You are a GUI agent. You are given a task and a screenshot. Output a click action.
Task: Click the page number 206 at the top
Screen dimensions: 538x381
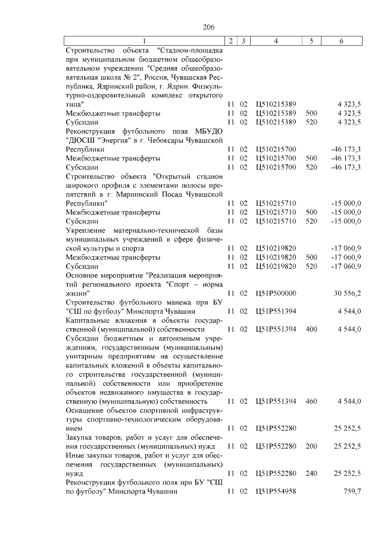208,27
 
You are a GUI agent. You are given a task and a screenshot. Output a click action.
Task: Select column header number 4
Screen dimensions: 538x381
276,41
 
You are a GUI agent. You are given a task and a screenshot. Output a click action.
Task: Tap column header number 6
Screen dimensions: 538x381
341,41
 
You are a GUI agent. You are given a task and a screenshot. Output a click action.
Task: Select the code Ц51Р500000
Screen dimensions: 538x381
276,293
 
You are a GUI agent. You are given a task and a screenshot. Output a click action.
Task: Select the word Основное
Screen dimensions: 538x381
82,275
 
